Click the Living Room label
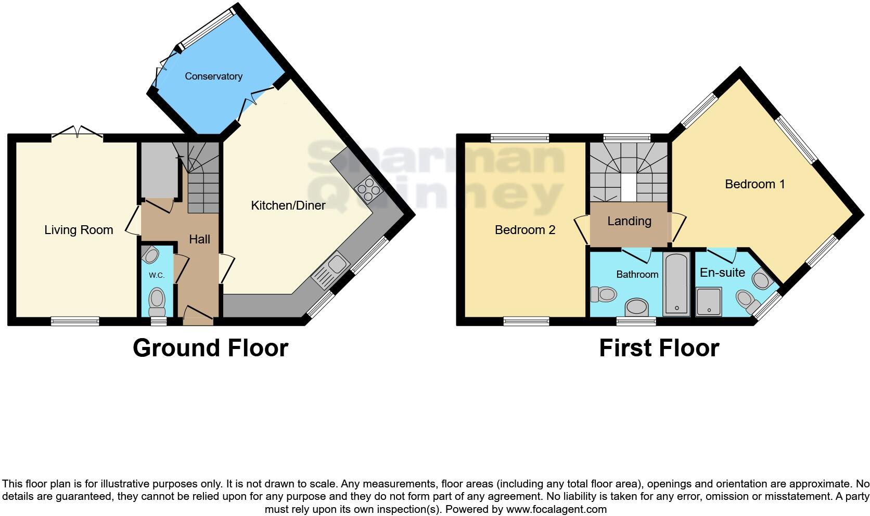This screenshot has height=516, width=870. (79, 230)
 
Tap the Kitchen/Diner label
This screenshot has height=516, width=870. (288, 205)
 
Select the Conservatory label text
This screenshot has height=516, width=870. (213, 76)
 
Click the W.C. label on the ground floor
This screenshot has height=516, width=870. (157, 275)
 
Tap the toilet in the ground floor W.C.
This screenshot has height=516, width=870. (157, 300)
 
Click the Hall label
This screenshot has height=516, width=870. (199, 239)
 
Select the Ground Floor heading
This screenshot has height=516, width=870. (210, 348)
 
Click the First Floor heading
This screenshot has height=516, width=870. (659, 348)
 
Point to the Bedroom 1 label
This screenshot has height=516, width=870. (754, 184)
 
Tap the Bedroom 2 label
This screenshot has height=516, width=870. (524, 230)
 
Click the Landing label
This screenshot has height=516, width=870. (629, 221)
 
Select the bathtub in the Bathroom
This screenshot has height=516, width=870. (677, 284)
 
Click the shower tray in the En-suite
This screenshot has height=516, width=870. (709, 301)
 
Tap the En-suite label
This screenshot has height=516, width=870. (722, 273)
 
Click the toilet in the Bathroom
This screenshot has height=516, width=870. (604, 295)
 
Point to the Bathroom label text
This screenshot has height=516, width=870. (637, 274)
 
